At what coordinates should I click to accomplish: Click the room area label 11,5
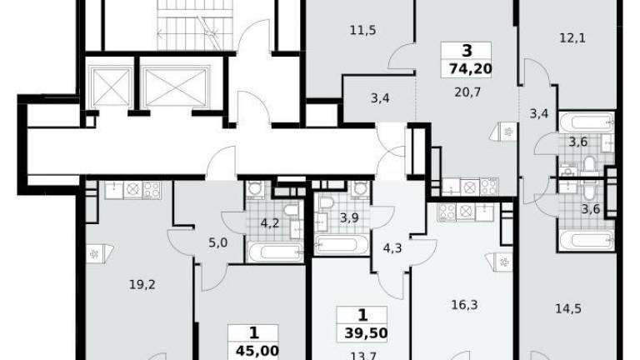click(x=362, y=30)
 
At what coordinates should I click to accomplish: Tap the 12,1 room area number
click(x=572, y=38)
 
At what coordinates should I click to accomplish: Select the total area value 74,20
click(x=471, y=68)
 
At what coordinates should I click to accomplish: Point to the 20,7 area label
click(x=467, y=92)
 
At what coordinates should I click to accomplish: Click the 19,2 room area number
click(x=142, y=284)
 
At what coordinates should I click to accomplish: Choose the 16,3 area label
click(x=465, y=304)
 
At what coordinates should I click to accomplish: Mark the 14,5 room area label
click(x=568, y=308)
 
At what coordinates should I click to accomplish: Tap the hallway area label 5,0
click(x=218, y=242)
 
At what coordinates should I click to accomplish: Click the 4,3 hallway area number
click(x=392, y=247)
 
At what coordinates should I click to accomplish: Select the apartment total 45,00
click(x=257, y=350)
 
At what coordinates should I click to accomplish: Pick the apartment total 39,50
click(x=366, y=333)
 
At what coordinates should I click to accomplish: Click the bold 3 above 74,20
click(x=467, y=51)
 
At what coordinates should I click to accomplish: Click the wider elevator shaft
click(x=177, y=87)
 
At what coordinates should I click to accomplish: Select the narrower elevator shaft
click(x=110, y=87)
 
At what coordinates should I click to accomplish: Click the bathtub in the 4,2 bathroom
click(x=276, y=252)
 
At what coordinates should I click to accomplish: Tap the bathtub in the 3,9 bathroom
click(x=341, y=245)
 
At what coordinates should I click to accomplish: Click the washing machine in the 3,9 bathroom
click(x=360, y=189)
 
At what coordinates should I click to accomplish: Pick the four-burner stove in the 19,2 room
click(x=152, y=190)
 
